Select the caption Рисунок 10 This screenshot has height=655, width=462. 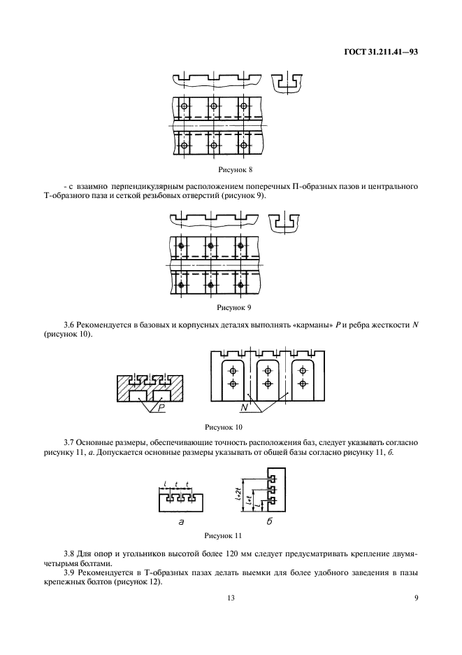click(x=223, y=425)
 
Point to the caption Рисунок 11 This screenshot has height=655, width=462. click(x=222, y=536)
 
